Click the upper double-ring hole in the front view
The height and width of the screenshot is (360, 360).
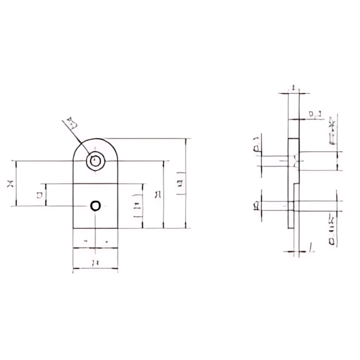pyautogui.click(x=95, y=161)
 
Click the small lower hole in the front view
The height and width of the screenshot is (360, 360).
pyautogui.click(x=96, y=206)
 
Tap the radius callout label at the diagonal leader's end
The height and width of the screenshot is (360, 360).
pyautogui.click(x=71, y=122)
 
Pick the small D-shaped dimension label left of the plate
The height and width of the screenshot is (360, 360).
pyautogui.click(x=39, y=195)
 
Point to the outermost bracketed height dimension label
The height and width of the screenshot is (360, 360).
pyautogui.click(x=181, y=184)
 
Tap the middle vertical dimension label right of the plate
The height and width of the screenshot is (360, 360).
pyautogui.click(x=157, y=195)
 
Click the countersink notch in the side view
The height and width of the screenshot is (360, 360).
pyautogui.click(x=294, y=162)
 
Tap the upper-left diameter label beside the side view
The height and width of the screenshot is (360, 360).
pyautogui.click(x=257, y=146)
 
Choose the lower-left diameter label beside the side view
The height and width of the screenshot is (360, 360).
pyautogui.click(x=257, y=205)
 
